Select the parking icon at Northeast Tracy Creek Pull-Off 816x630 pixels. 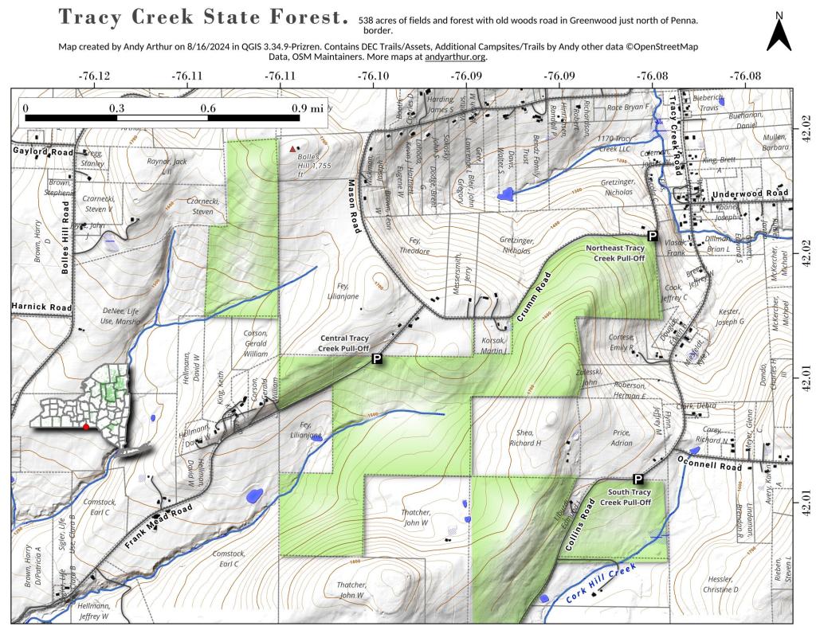pyautogui.click(x=652, y=237)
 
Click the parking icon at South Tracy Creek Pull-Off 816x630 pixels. pyautogui.click(x=637, y=479)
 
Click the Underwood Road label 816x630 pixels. pyautogui.click(x=749, y=194)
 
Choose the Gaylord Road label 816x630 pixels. pyautogui.click(x=42, y=151)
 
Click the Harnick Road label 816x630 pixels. pyautogui.click(x=41, y=306)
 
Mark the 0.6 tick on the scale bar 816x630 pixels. pyautogui.click(x=208, y=108)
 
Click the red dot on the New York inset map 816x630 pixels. pyautogui.click(x=85, y=427)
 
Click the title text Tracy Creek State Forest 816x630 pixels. pyautogui.click(x=203, y=18)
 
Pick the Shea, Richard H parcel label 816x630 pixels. pyautogui.click(x=524, y=437)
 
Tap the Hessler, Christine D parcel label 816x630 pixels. pyautogui.click(x=720, y=584)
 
